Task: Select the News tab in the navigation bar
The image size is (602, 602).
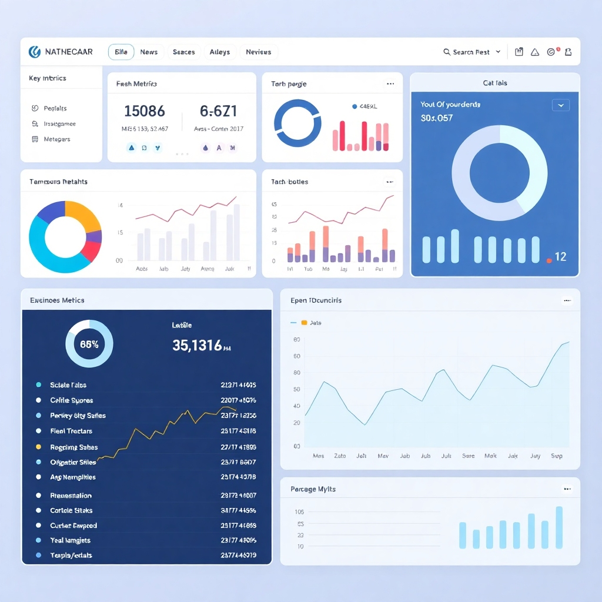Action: [x=149, y=52]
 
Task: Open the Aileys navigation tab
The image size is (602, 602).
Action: [x=220, y=52]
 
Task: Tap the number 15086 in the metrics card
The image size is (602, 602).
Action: [x=145, y=111]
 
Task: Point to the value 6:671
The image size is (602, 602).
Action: [x=218, y=111]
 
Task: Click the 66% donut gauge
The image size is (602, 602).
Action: [x=89, y=344]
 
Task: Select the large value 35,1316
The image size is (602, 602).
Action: [x=198, y=345]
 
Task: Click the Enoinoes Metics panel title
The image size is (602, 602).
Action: [x=57, y=300]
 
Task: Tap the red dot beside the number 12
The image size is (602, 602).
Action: [x=549, y=260]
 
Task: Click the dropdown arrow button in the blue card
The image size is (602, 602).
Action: [x=560, y=105]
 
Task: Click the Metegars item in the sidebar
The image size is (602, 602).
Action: [x=57, y=139]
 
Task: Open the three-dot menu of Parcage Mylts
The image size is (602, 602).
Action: [x=567, y=489]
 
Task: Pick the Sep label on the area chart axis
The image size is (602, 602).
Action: [x=557, y=456]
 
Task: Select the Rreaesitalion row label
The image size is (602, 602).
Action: [x=71, y=496]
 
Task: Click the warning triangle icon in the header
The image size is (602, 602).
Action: [x=535, y=52]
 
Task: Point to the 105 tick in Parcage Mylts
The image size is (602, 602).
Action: [x=299, y=512]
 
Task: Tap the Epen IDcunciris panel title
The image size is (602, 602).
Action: [x=316, y=300]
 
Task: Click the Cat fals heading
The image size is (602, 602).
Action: [x=495, y=83]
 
